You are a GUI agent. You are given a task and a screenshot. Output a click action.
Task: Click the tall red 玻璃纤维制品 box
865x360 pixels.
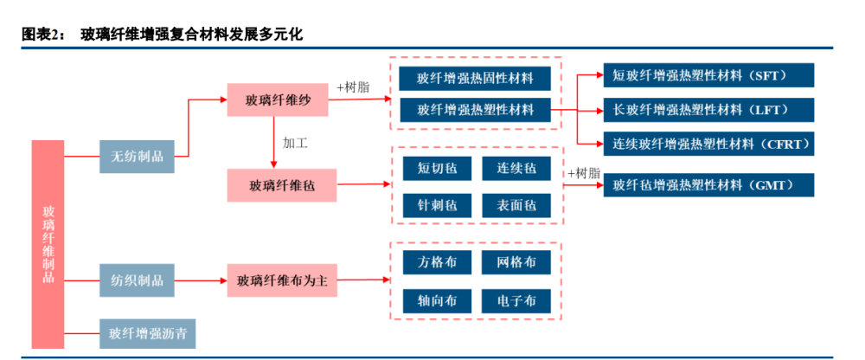(x=48, y=244)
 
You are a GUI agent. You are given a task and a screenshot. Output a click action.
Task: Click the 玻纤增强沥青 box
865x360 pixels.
(x=140, y=331)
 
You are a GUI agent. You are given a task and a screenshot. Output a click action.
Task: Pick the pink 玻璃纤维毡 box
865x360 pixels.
(x=281, y=184)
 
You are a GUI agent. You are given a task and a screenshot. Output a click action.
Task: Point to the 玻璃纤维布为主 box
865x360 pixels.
(x=282, y=280)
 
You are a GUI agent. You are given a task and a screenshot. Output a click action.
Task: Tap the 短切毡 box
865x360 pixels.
(x=437, y=168)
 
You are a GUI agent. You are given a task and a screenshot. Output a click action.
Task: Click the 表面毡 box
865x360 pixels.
(x=516, y=205)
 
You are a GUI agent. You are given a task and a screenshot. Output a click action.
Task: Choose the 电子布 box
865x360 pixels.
(x=516, y=300)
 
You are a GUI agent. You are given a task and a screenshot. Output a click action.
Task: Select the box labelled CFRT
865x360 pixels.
(x=708, y=143)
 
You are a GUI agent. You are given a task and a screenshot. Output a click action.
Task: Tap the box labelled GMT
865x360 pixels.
(x=708, y=184)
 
